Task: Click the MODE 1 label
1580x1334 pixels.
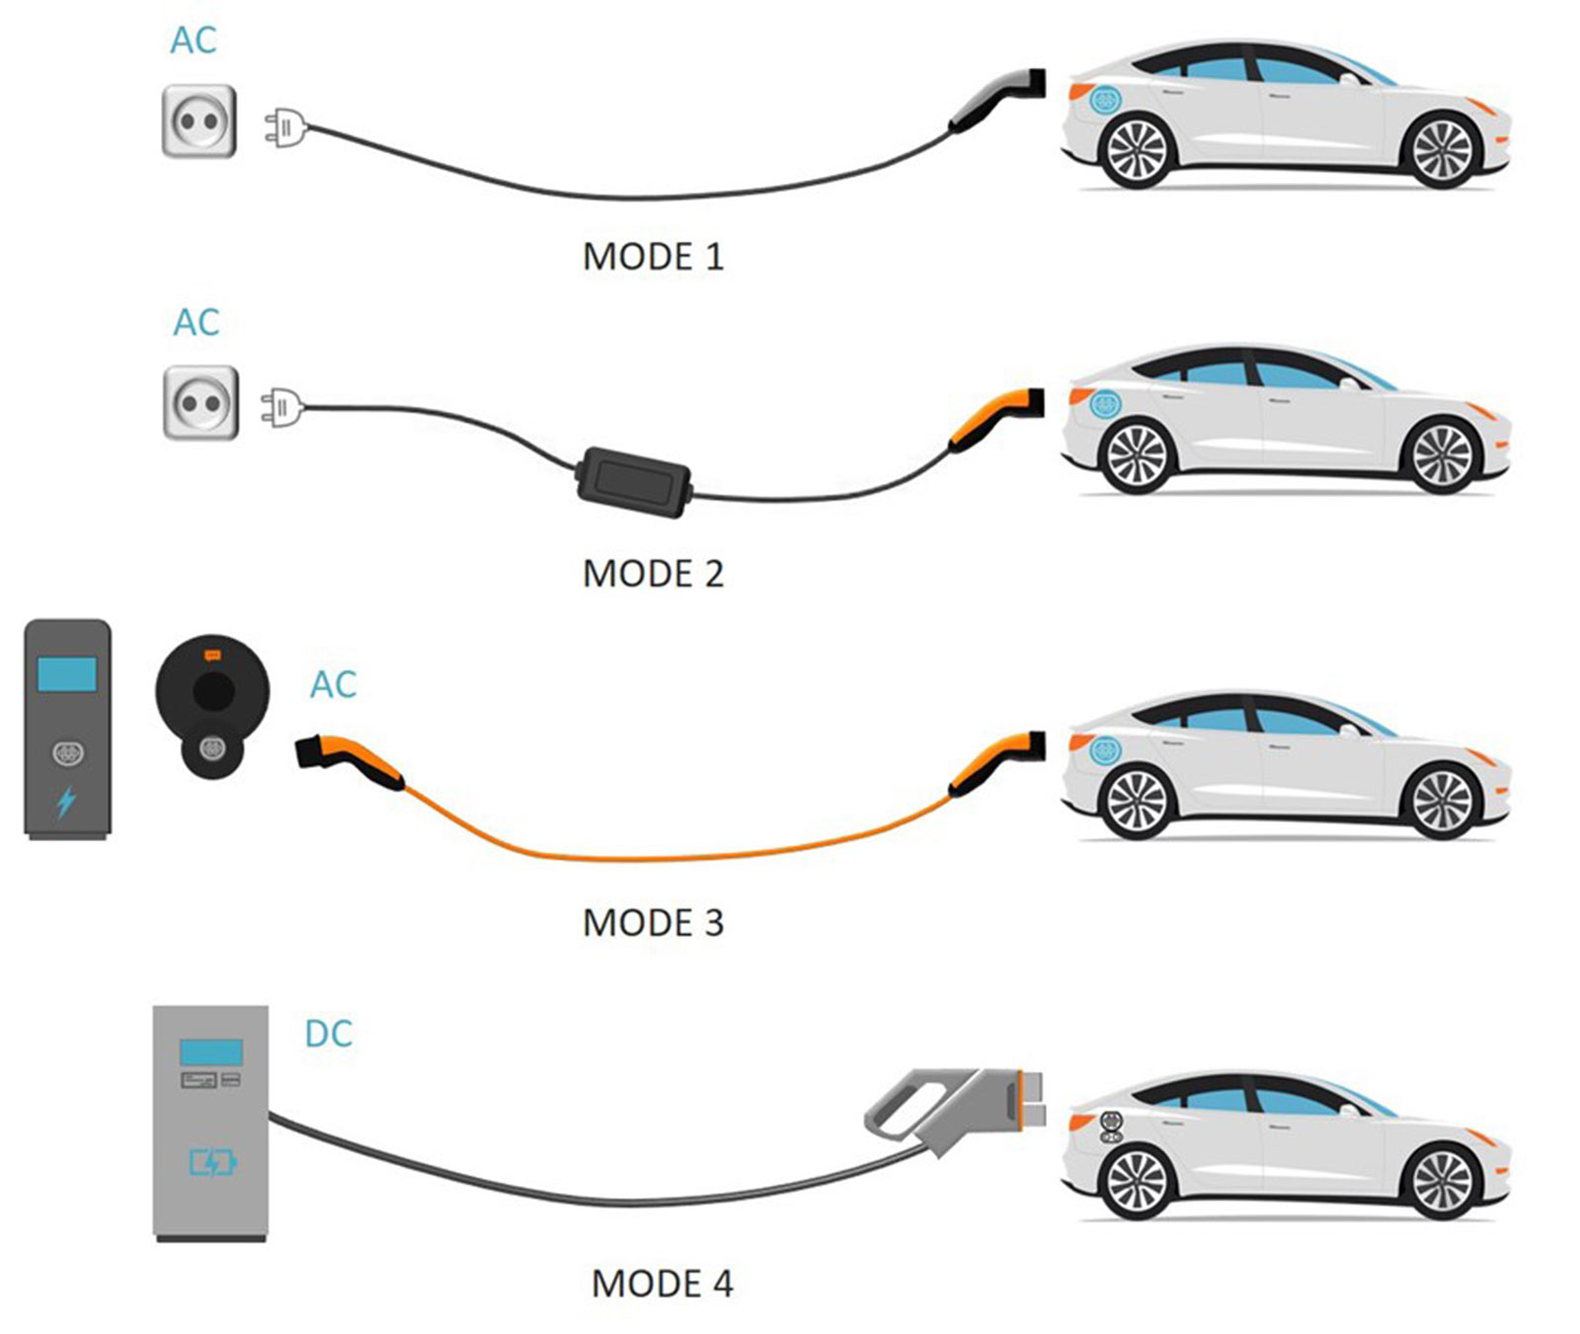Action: coord(653,257)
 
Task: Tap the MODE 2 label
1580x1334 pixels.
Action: coord(653,574)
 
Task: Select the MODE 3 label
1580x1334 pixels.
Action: coord(653,923)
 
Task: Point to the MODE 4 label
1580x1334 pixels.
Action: coord(662,1284)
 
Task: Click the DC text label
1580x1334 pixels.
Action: coord(328,1034)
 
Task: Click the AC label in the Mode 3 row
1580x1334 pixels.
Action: coord(333,685)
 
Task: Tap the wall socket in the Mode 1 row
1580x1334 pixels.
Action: coord(199,121)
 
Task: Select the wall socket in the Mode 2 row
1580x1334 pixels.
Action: coord(200,403)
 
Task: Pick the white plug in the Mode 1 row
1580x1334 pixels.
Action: coord(284,128)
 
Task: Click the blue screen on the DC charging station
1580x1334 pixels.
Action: coord(210,1052)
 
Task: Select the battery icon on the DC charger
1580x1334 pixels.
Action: coord(212,1162)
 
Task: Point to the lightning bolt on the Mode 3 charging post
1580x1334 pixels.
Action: coord(66,801)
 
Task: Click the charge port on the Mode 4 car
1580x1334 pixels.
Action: coord(1110,1128)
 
